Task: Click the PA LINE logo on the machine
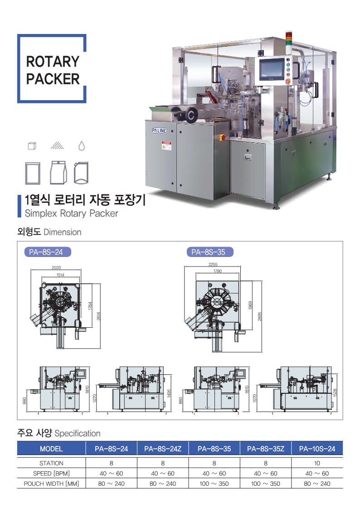[159, 131]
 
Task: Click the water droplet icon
[82, 146]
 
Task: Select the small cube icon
[32, 146]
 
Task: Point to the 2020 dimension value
[56, 268]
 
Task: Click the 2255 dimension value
[213, 265]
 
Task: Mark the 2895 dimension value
[259, 316]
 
